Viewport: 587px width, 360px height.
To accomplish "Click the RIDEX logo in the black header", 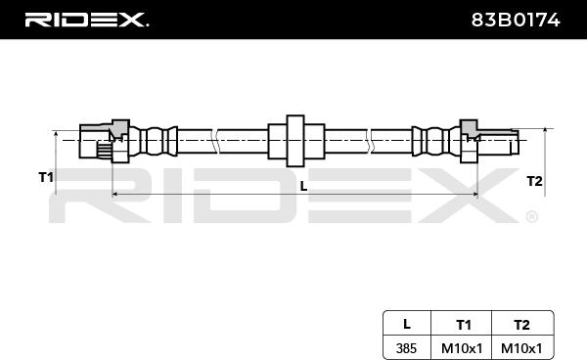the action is (x=87, y=20).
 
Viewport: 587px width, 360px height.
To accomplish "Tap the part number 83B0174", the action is (x=516, y=20).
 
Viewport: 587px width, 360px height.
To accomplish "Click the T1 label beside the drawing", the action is (x=46, y=177).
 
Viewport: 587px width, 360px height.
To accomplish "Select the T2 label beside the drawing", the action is (x=534, y=181).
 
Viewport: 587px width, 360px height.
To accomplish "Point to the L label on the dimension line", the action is (x=303, y=186).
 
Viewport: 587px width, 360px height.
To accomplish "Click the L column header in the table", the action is (x=407, y=324).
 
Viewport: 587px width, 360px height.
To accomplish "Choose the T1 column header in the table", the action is (x=464, y=325).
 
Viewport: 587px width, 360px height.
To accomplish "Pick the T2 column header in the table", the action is (x=521, y=325).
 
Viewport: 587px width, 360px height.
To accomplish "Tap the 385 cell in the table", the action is (x=406, y=348).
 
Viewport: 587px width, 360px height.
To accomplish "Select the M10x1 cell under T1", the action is (x=462, y=348).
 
